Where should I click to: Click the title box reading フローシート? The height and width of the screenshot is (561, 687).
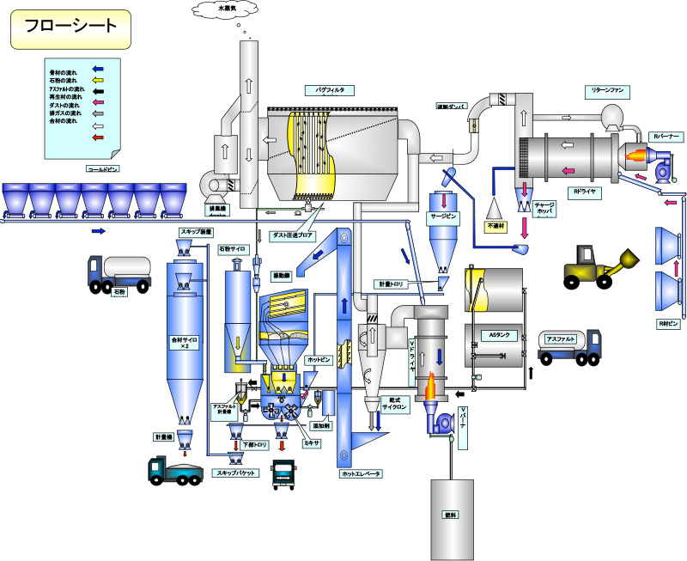70,29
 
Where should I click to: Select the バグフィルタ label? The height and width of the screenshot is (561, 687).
318,89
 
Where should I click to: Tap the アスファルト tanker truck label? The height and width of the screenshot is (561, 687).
559,338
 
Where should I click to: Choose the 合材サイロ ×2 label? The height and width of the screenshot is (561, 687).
185,345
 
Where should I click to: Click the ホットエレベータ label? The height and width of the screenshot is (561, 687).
361,474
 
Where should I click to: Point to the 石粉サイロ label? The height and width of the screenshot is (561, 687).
233,249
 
